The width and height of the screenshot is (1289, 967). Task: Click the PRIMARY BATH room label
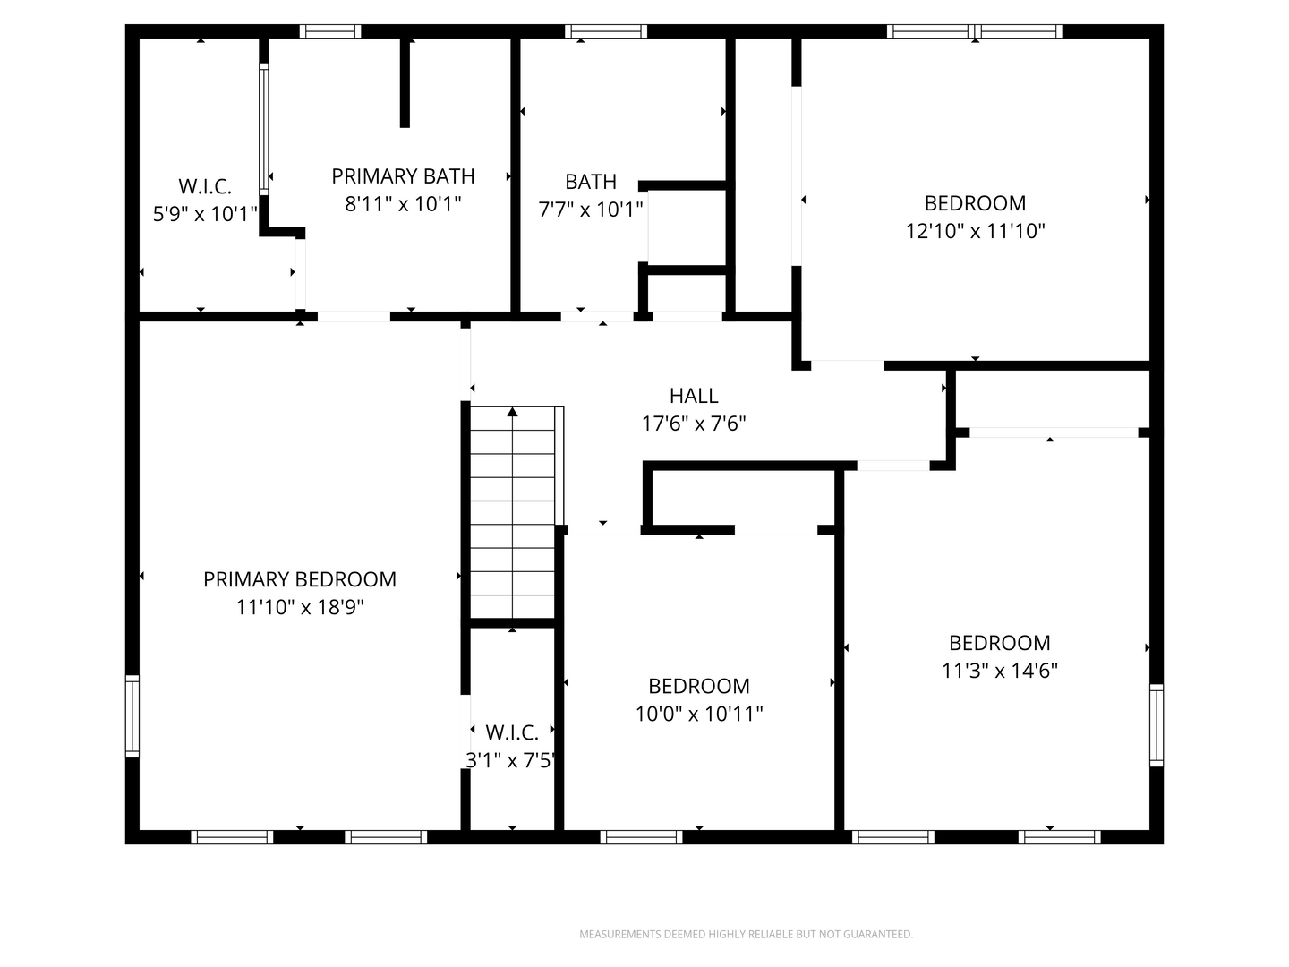pos(403,175)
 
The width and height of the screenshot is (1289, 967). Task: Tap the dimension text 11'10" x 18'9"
pos(300,607)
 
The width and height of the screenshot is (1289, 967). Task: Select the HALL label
pos(694,395)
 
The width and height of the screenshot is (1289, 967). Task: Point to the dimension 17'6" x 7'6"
pos(694,423)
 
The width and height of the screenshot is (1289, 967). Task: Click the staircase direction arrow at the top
pos(513,413)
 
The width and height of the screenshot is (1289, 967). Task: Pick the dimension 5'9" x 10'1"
pos(205,214)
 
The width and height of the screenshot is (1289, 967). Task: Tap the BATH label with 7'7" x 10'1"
pos(591,182)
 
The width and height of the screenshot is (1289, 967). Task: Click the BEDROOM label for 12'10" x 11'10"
pos(975,202)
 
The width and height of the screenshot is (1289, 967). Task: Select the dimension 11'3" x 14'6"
pos(1000,671)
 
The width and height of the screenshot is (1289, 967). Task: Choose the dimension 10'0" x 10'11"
pos(699,714)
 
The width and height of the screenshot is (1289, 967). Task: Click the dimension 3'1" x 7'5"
pos(511,760)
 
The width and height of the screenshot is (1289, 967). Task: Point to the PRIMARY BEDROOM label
pos(300,579)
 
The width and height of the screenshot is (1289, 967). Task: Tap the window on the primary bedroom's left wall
pos(132,716)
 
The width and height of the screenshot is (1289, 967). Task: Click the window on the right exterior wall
pos(1156,725)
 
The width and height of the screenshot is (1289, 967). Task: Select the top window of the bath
pos(605,31)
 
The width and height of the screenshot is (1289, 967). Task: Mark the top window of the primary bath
pos(330,31)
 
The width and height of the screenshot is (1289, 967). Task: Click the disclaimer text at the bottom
pos(746,934)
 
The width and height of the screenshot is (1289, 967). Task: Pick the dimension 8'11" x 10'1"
pos(403,204)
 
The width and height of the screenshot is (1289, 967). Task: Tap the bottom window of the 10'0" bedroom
pos(641,837)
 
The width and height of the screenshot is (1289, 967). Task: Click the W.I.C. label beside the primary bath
pos(205,186)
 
